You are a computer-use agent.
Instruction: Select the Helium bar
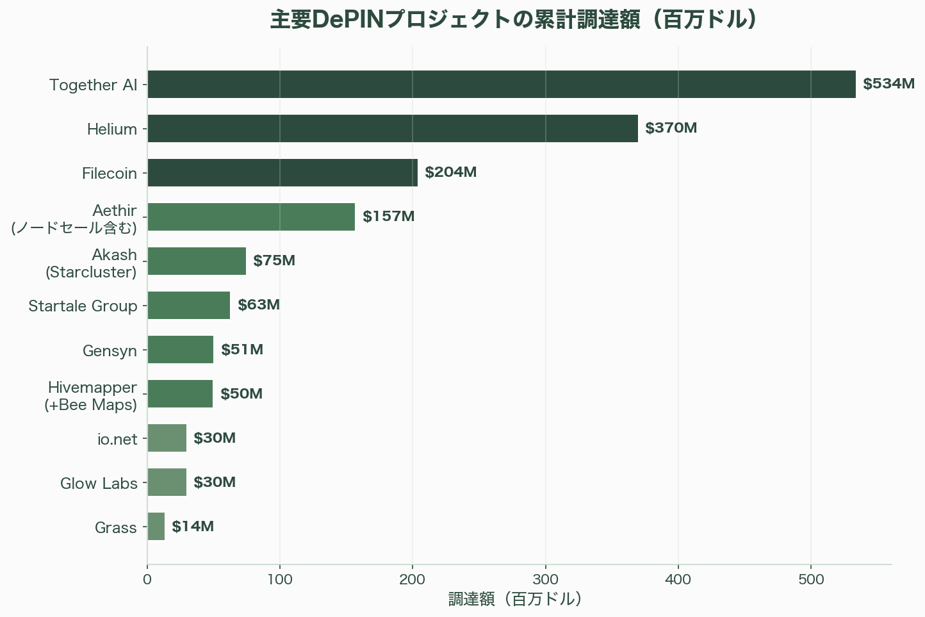pyautogui.click(x=392, y=128)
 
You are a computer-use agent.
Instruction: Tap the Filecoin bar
pyautogui.click(x=282, y=172)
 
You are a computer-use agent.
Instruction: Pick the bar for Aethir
pyautogui.click(x=250, y=217)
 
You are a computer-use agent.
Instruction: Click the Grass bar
pyautogui.click(x=156, y=526)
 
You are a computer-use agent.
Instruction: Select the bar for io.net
pyautogui.click(x=167, y=438)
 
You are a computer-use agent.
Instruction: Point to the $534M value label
pyautogui.click(x=888, y=84)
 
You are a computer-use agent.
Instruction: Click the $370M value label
pyautogui.click(x=671, y=128)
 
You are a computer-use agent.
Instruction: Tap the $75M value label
pyautogui.click(x=274, y=261)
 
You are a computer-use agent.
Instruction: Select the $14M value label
pyautogui.click(x=193, y=526)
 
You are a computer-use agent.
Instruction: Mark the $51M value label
pyautogui.click(x=242, y=349)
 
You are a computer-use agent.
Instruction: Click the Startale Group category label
pyautogui.click(x=83, y=306)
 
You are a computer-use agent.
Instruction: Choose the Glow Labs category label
pyautogui.click(x=99, y=483)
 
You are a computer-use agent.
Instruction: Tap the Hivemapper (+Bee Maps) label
pyautogui.click(x=91, y=396)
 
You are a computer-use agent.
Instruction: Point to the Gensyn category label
pyautogui.click(x=110, y=351)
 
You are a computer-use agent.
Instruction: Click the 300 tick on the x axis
pyautogui.click(x=545, y=580)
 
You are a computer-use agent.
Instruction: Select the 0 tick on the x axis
pyautogui.click(x=147, y=580)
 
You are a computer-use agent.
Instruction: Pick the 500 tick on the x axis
pyautogui.click(x=811, y=580)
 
